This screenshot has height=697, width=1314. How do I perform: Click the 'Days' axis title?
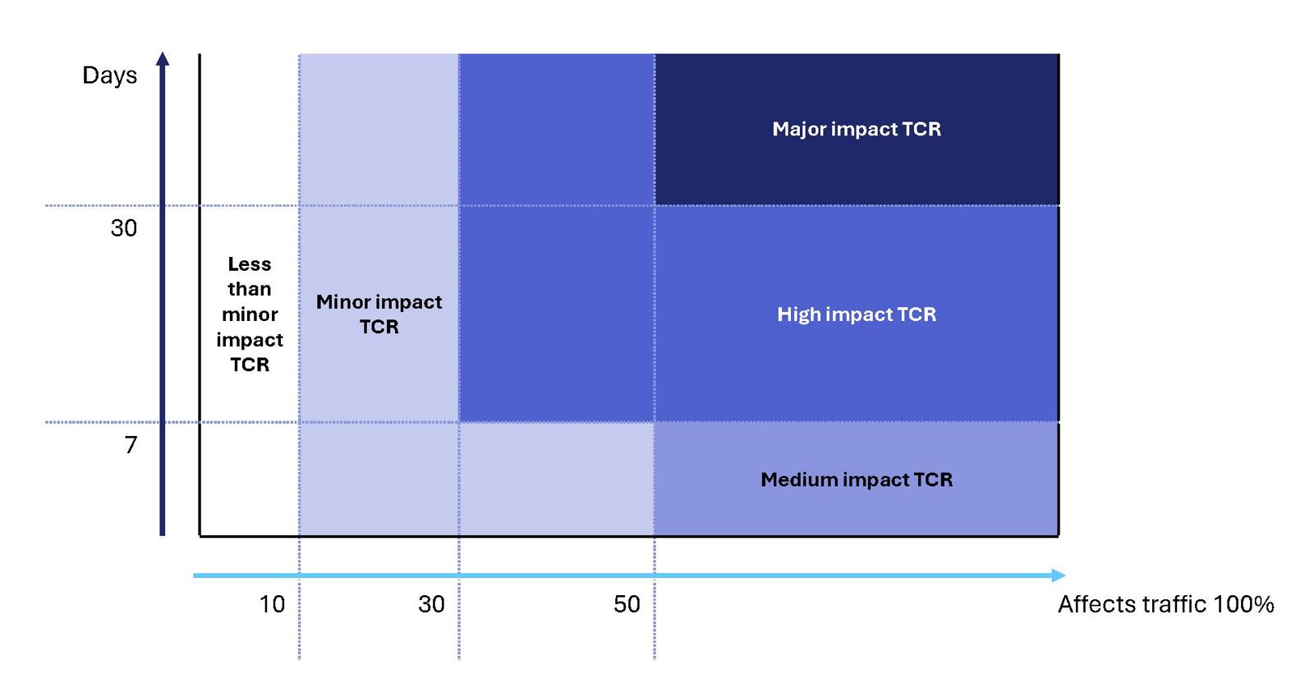[x=109, y=76]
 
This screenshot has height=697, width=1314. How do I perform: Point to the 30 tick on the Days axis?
[x=124, y=227]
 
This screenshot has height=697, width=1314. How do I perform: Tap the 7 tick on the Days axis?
[x=131, y=445]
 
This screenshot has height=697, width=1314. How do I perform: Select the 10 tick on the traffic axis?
[x=272, y=604]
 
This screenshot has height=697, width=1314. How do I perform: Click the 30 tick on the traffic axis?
[x=431, y=604]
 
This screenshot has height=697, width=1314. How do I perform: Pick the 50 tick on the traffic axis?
[x=627, y=604]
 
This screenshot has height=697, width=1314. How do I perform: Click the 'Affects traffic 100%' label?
[x=1165, y=604]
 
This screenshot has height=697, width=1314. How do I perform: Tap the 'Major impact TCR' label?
[x=857, y=129]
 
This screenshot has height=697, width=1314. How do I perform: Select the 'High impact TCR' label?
[x=857, y=314]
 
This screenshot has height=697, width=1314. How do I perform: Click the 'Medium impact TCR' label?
[x=857, y=479]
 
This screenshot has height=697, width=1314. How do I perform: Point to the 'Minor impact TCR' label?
[x=379, y=314]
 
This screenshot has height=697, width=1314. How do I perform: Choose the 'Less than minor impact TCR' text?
[x=250, y=314]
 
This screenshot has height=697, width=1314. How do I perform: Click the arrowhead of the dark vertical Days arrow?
[x=163, y=58]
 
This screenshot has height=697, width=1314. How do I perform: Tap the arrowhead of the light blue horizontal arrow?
[x=1059, y=575]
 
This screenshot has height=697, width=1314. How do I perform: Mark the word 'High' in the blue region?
[x=798, y=314]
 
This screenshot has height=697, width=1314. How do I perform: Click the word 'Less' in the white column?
[x=250, y=264]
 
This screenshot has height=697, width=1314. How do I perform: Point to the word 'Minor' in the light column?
[x=343, y=302]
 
